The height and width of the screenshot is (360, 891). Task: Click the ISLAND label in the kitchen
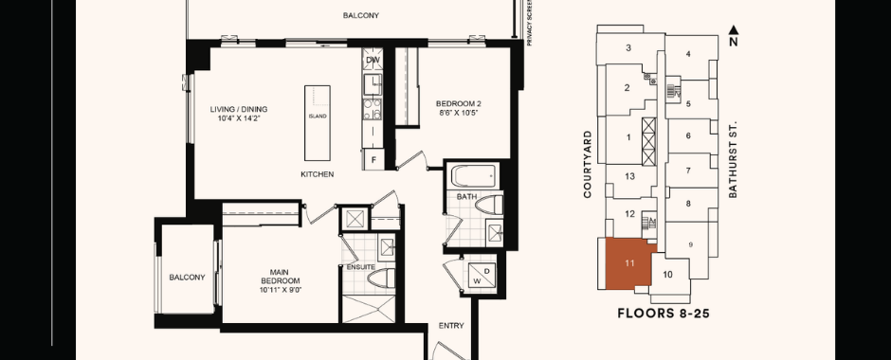click(318, 117)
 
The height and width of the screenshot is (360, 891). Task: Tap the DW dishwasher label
click(373, 60)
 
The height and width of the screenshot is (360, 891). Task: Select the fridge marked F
click(373, 159)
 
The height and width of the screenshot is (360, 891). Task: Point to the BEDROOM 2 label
click(459, 104)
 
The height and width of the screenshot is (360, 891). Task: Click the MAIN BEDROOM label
click(281, 277)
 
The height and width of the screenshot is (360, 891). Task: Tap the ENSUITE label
click(361, 267)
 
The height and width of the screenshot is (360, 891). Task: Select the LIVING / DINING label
click(239, 109)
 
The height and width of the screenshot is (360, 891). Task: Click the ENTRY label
click(451, 326)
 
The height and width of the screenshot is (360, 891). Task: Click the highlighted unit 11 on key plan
click(629, 263)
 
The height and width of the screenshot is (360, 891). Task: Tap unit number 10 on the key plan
click(667, 275)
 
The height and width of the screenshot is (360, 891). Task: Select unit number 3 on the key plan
click(628, 48)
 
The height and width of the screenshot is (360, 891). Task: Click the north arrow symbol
click(734, 30)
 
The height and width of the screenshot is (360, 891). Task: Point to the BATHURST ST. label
click(733, 159)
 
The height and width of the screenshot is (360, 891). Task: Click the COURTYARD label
click(588, 165)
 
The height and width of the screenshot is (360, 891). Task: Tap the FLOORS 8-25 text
click(664, 314)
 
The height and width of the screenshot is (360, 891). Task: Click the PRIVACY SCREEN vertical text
click(529, 23)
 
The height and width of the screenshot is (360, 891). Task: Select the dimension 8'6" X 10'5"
click(458, 113)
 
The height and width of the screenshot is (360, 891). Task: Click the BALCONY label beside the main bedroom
click(187, 278)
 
